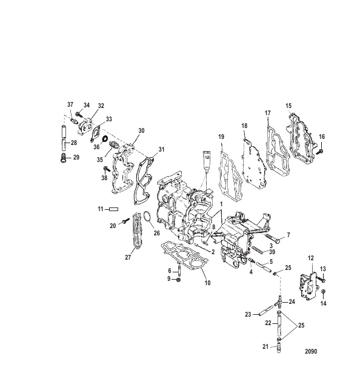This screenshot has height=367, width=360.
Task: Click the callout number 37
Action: pos(70,104)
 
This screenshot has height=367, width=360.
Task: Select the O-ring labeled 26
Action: pos(147,216)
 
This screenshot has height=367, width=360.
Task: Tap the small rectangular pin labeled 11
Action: pos(114,209)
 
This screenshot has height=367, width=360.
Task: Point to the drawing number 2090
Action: pos(311,351)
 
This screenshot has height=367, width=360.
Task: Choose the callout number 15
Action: pos(288,106)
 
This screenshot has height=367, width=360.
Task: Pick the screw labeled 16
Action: pos(319,152)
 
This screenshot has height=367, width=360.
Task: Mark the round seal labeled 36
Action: pos(105,138)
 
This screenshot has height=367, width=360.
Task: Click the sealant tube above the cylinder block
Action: pos(207,161)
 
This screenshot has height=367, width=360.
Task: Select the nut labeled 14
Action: pos(323,291)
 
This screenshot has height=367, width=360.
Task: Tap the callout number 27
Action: pos(128,257)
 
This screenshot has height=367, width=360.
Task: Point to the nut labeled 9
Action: pos(178,280)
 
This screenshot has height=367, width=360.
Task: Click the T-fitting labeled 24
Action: pos(278,302)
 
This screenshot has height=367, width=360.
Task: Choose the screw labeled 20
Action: pos(126,220)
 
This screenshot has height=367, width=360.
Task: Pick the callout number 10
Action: pos(207,283)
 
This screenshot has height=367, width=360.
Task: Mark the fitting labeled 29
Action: pos(63,158)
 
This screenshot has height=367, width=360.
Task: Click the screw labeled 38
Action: pos(107,169)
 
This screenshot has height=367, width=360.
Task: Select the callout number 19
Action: pos(221,136)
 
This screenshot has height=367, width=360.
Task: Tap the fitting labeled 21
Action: pos(278,348)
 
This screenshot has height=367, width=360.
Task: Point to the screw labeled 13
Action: pos(321,279)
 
